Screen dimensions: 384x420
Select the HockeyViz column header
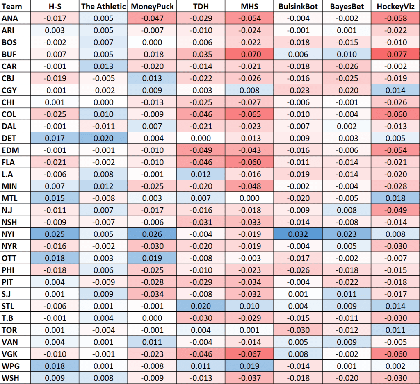(x=395, y=6)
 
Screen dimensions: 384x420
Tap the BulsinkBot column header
(x=298, y=6)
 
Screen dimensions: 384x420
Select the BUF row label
(x=9, y=54)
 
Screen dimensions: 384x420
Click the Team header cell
(x=11, y=6)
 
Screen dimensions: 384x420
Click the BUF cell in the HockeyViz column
(x=395, y=54)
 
